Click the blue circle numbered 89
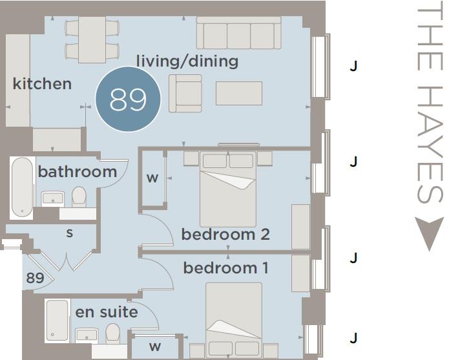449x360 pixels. pyautogui.click(x=128, y=99)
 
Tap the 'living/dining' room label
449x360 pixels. pyautogui.click(x=187, y=61)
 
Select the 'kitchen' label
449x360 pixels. pyautogui.click(x=42, y=84)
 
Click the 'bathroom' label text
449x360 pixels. pyautogui.click(x=78, y=172)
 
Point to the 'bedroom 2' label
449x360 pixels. pyautogui.click(x=225, y=234)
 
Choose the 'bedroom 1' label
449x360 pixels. pyautogui.click(x=226, y=268)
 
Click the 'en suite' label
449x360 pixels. pyautogui.click(x=107, y=312)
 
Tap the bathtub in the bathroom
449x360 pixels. pyautogui.click(x=22, y=187)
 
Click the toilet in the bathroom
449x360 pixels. pyautogui.click(x=79, y=196)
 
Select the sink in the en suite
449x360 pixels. pyautogui.click(x=87, y=335)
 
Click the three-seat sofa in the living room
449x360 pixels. pyautogui.click(x=239, y=33)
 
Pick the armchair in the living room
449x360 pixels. pyautogui.click(x=185, y=93)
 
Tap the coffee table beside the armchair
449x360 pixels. pyautogui.click(x=239, y=93)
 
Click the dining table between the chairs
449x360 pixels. pyautogui.click(x=92, y=39)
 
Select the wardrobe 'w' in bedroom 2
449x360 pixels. pyautogui.click(x=152, y=178)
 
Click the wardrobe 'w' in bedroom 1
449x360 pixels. pyautogui.click(x=155, y=346)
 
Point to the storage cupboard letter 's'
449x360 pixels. pyautogui.click(x=70, y=233)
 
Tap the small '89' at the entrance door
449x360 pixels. pyautogui.click(x=36, y=277)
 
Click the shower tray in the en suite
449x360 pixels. pyautogui.click(x=57, y=321)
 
